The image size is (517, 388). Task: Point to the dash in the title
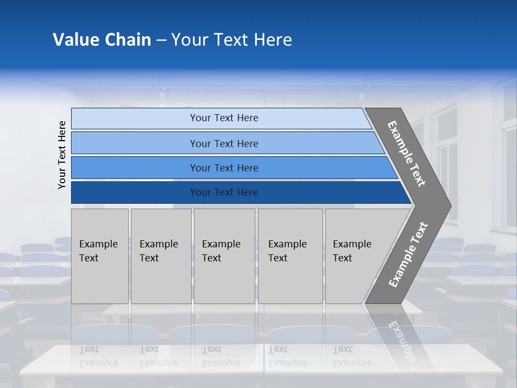pos(161,40)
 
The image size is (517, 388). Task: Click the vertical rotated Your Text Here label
pos(62,155)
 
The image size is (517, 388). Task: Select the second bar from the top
pos(223,143)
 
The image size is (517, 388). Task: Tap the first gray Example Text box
pos(100,256)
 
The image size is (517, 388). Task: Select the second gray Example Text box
pos(160,256)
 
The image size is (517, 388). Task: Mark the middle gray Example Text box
pos(224,256)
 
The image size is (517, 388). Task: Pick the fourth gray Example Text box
pos(290,256)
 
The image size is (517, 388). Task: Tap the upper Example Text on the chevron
pos(407,154)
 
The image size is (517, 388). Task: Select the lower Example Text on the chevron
pos(408,255)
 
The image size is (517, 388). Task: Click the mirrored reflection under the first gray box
pos(100,356)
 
